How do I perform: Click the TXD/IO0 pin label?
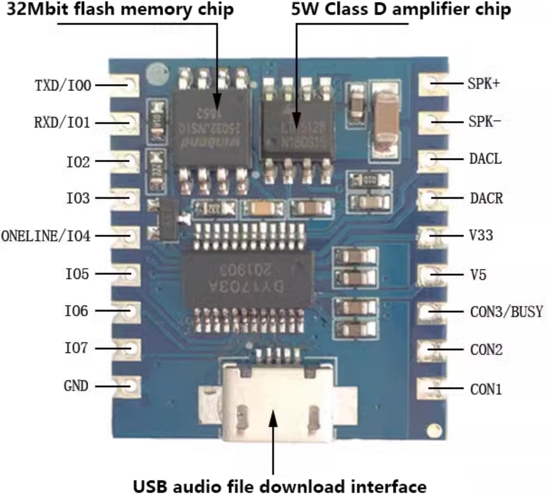pos(63,85)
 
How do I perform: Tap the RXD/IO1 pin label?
pos(62,123)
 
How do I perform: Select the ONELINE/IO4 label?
pos(46,236)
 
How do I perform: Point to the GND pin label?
pos(76,386)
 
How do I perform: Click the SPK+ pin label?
pos(484,84)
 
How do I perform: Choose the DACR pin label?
pos(486,198)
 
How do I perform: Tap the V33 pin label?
pos(481,236)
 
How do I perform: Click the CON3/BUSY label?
pos(506,312)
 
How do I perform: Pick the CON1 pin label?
pos(486,389)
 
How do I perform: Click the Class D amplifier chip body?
pos(296,128)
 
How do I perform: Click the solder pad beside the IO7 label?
pos(132,348)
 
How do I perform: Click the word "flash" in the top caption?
pos(96,9)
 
